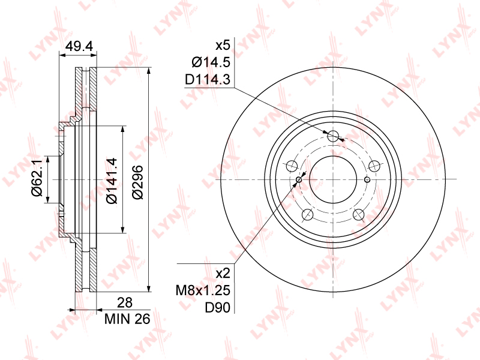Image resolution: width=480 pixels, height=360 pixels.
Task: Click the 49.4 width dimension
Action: tap(79, 46)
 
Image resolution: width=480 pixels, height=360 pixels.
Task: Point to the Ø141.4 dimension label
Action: tap(112, 181)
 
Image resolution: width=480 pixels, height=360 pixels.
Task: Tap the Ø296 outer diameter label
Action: tap(137, 182)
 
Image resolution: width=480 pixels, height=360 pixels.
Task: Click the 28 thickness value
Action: tap(125, 302)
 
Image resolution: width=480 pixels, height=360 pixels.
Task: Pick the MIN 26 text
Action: tap(127, 319)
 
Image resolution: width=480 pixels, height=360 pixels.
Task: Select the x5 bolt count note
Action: tap(223, 46)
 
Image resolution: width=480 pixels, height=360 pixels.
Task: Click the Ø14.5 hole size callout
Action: tap(211, 62)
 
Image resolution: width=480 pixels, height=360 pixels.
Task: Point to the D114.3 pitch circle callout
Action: tap(208, 80)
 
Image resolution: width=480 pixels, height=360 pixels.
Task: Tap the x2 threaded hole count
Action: tap(223, 273)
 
